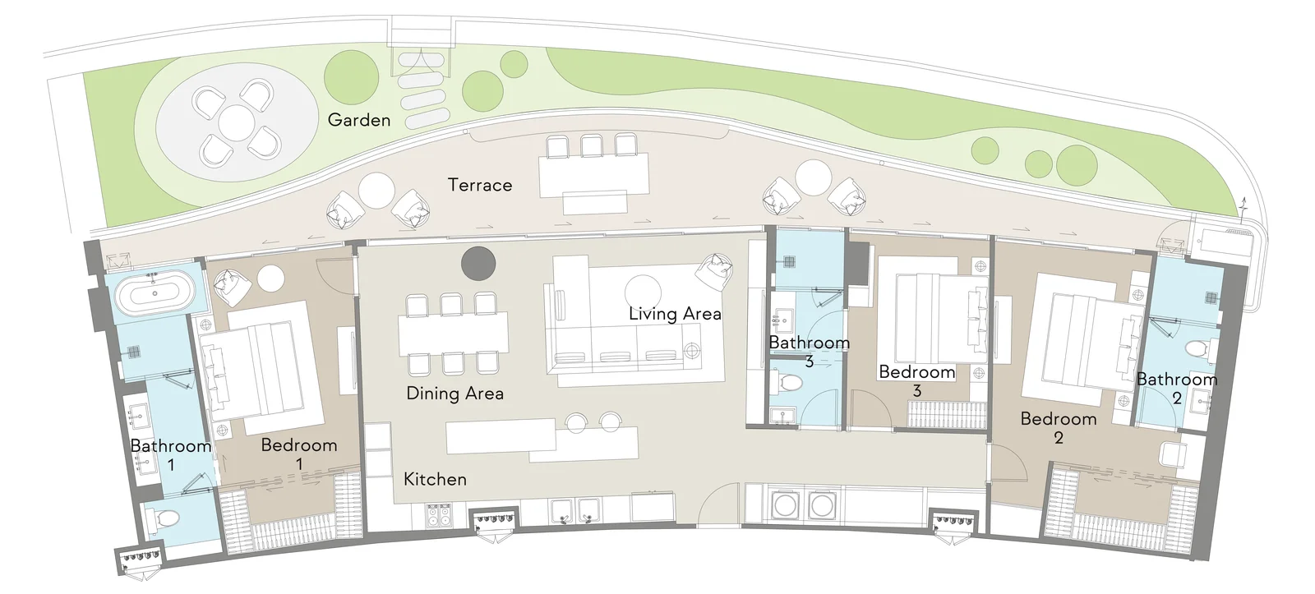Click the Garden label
click(358, 120)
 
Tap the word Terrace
click(480, 185)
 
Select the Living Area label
click(675, 314)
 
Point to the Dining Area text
click(454, 394)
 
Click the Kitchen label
click(435, 479)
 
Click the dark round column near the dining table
click(478, 264)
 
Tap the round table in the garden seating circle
click(235, 122)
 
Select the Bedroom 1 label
click(299, 454)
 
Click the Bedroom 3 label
click(916, 380)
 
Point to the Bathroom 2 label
click(1176, 388)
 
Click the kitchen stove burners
click(439, 515)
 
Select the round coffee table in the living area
click(643, 292)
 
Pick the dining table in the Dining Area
click(453, 334)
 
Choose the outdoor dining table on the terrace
click(594, 175)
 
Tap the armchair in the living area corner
click(714, 272)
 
